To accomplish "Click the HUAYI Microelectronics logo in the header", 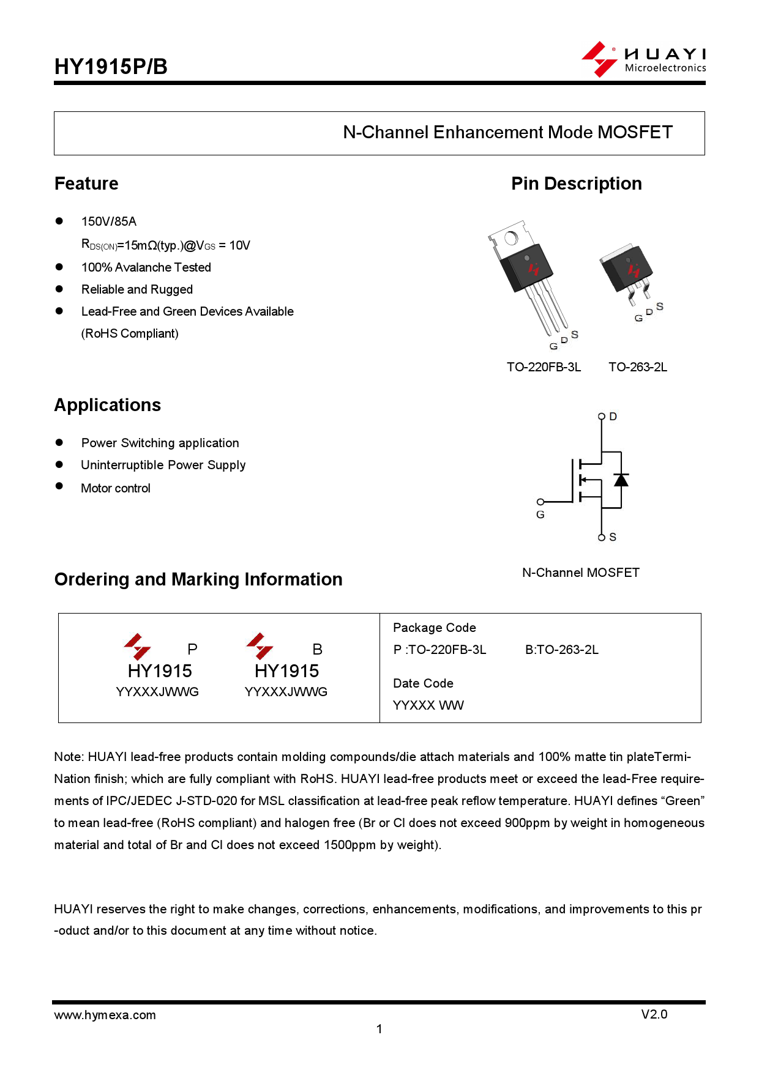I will (643, 60).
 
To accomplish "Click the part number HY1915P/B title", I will (111, 67).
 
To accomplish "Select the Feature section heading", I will (86, 184).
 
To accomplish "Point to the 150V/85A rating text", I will (109, 221).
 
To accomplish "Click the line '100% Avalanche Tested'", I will (146, 267).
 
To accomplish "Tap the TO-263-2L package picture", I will (628, 272).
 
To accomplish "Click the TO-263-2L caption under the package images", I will (637, 367).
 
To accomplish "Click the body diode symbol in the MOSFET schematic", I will (621, 480).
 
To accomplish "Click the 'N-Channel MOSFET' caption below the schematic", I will (580, 573).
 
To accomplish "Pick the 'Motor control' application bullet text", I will (116, 488).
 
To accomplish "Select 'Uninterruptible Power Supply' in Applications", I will (163, 465).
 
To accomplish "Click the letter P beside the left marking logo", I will (192, 649).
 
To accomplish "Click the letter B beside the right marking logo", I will (317, 649).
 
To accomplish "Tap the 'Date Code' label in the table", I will (423, 683).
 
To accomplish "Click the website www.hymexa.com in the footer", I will (105, 1015).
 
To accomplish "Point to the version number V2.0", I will (654, 1014).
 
